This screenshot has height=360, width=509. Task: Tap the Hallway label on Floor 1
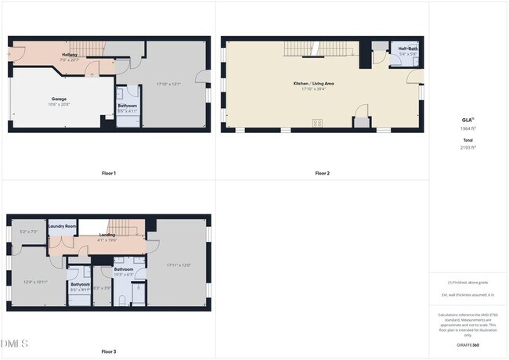[69, 55]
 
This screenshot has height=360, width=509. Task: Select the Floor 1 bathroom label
[128, 105]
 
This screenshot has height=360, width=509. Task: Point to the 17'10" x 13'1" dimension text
[168, 83]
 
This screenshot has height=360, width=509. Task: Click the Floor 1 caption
[109, 173]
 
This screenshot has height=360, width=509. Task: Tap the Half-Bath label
[408, 49]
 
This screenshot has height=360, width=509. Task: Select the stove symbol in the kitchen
[319, 122]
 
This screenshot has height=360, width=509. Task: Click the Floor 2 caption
[323, 173]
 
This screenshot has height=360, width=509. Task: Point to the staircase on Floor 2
[317, 50]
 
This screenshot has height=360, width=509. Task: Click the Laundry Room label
[62, 226]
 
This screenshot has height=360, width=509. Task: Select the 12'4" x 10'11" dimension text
[35, 282]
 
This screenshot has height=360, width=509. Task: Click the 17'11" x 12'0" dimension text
[179, 265]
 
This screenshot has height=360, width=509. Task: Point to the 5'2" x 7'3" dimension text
[27, 232]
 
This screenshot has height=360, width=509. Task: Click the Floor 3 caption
[109, 351]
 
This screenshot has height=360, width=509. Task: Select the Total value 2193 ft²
[467, 147]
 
